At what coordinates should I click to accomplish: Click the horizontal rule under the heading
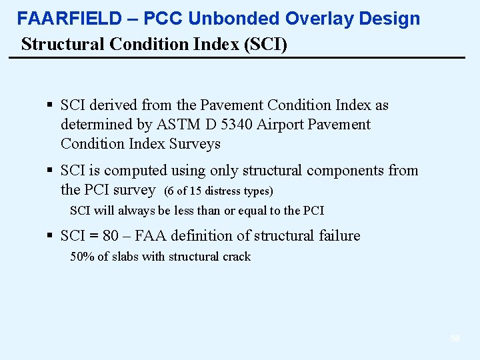[237, 58]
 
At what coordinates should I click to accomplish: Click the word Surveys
[195, 144]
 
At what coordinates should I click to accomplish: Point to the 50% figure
[82, 257]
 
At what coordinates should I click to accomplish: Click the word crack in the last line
[237, 257]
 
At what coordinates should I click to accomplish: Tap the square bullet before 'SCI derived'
[51, 105]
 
